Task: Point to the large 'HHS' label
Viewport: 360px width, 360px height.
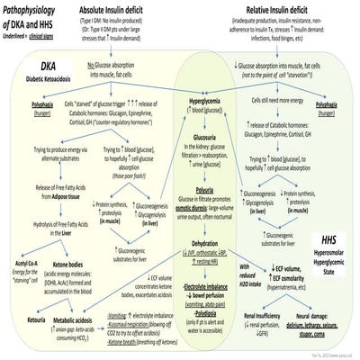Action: pyautogui.click(x=333, y=241)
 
